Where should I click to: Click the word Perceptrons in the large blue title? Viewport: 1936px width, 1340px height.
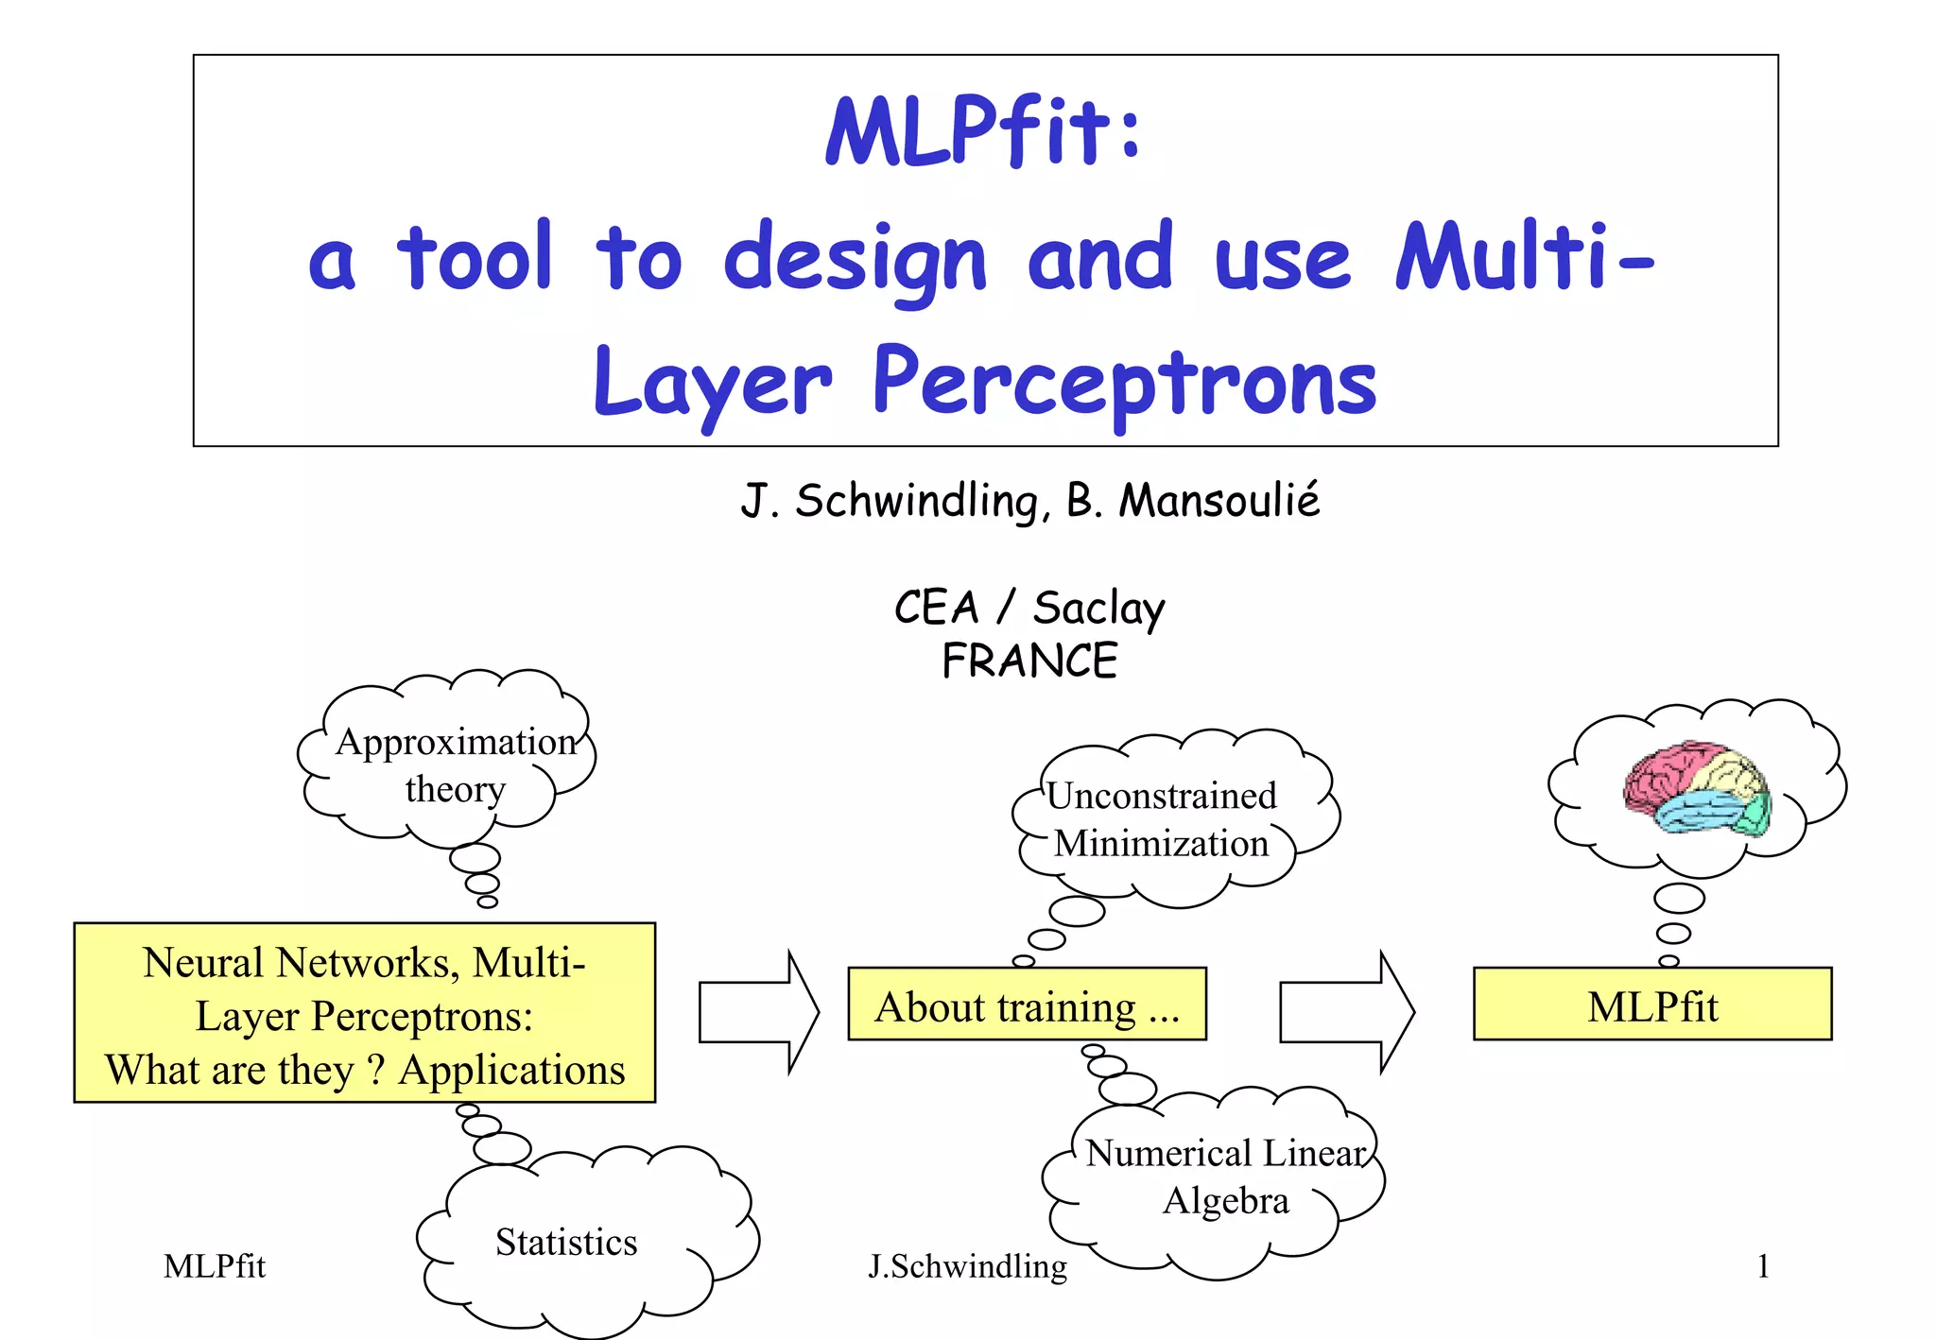[x=1124, y=383]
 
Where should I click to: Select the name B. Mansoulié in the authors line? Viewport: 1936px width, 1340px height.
[x=1193, y=501]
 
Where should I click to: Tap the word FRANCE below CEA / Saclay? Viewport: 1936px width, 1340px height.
[x=1029, y=661]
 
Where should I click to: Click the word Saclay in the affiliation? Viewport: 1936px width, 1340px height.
[x=1098, y=608]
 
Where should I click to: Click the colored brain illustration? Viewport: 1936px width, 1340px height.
[x=1697, y=786]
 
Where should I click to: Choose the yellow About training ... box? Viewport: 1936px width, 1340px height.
[x=1027, y=1005]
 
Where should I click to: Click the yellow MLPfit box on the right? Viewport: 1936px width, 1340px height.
[x=1652, y=1005]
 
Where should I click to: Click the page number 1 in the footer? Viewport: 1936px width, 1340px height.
[x=1763, y=1266]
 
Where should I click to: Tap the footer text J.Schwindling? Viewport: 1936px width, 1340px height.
[x=967, y=1266]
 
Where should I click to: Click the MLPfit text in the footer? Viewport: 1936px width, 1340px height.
[x=215, y=1266]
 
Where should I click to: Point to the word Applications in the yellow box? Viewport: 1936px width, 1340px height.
[x=511, y=1071]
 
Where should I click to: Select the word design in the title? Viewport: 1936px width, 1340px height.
[x=856, y=260]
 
